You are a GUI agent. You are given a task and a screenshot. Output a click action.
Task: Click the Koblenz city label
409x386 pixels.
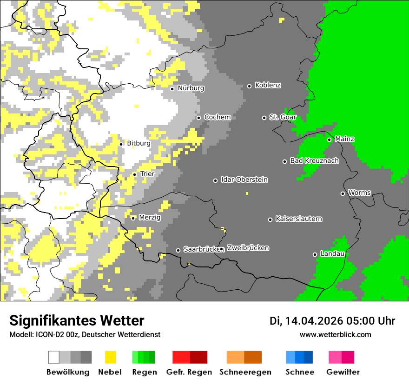click(x=268, y=86)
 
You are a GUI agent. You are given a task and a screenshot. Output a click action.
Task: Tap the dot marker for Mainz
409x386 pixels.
click(x=329, y=140)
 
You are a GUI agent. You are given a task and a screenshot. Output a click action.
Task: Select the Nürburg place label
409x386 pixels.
click(x=191, y=88)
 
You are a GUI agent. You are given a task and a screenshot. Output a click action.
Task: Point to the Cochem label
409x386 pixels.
click(x=217, y=117)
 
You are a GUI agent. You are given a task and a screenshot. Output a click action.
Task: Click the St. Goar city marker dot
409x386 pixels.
click(x=264, y=118)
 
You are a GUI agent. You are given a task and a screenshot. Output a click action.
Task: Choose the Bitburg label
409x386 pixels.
click(x=139, y=144)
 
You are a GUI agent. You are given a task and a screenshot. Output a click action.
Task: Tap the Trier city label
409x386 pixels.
click(x=147, y=174)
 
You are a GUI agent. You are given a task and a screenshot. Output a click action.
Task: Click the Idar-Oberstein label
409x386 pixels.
click(x=244, y=180)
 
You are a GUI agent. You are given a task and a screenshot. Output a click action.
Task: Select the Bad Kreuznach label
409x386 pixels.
click(x=314, y=161)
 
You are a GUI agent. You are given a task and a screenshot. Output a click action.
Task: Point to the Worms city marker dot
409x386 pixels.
click(x=343, y=193)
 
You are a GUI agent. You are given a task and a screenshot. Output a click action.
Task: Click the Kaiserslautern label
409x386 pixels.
click(x=298, y=219)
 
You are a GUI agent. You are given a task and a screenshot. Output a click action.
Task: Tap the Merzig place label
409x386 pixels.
click(x=150, y=218)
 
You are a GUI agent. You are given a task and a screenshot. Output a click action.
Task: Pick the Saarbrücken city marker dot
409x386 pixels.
click(x=178, y=250)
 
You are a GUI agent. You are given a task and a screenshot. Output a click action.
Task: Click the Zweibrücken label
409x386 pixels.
click(x=248, y=248)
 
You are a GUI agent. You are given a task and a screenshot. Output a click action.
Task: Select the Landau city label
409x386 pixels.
click(x=332, y=254)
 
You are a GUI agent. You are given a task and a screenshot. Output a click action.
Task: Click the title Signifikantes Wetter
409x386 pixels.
click(x=77, y=321)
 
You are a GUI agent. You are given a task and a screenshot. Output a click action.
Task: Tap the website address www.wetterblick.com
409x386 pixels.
click(x=335, y=335)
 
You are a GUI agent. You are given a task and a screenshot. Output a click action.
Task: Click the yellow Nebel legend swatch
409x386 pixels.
click(x=111, y=357)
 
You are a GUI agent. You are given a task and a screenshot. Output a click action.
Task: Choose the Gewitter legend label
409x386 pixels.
click(x=343, y=372)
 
